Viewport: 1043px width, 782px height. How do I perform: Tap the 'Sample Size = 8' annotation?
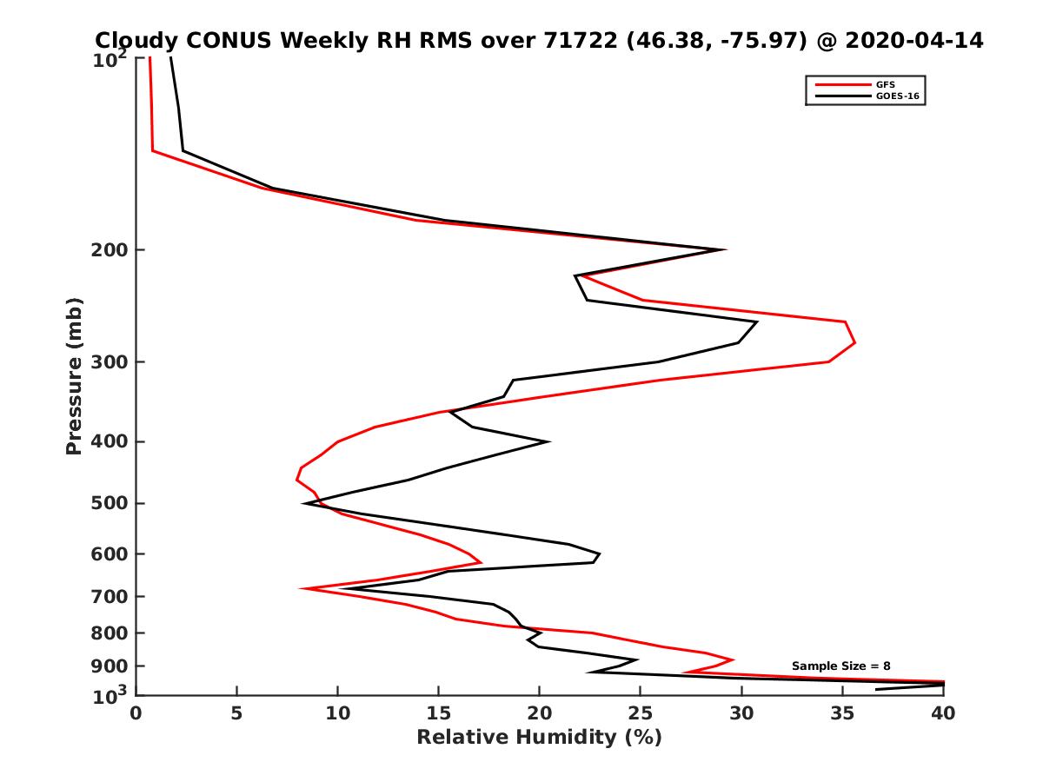(840, 666)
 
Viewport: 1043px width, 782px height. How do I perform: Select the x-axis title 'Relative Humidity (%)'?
(539, 738)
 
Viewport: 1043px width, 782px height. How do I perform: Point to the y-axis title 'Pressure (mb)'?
(74, 375)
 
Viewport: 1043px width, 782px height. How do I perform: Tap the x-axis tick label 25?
(641, 713)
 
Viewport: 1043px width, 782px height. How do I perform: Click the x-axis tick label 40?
(943, 713)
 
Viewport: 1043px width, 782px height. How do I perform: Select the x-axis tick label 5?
(236, 713)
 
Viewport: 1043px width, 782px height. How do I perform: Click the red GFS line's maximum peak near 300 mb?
(855, 342)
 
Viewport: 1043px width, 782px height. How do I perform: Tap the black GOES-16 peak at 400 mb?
(548, 441)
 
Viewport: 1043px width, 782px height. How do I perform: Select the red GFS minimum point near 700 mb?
(301, 589)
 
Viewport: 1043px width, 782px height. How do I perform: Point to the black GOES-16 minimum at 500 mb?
(303, 503)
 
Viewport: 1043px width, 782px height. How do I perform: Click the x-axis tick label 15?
(438, 713)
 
